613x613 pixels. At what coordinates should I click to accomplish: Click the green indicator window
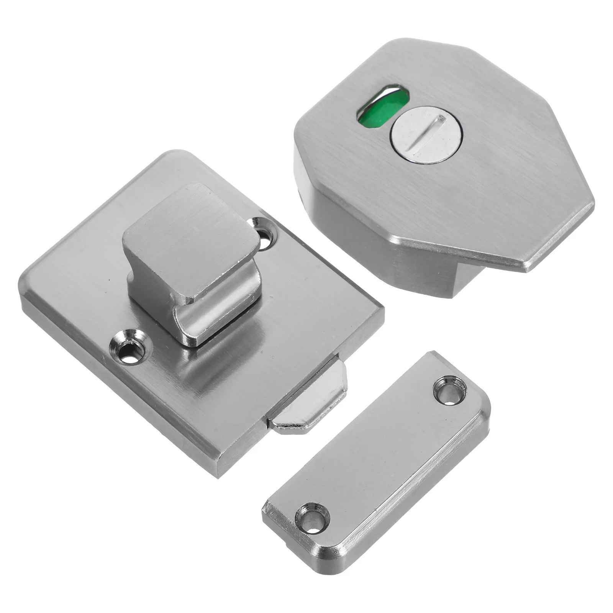pos(371,111)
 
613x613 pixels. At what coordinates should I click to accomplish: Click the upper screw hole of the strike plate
pos(449,390)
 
